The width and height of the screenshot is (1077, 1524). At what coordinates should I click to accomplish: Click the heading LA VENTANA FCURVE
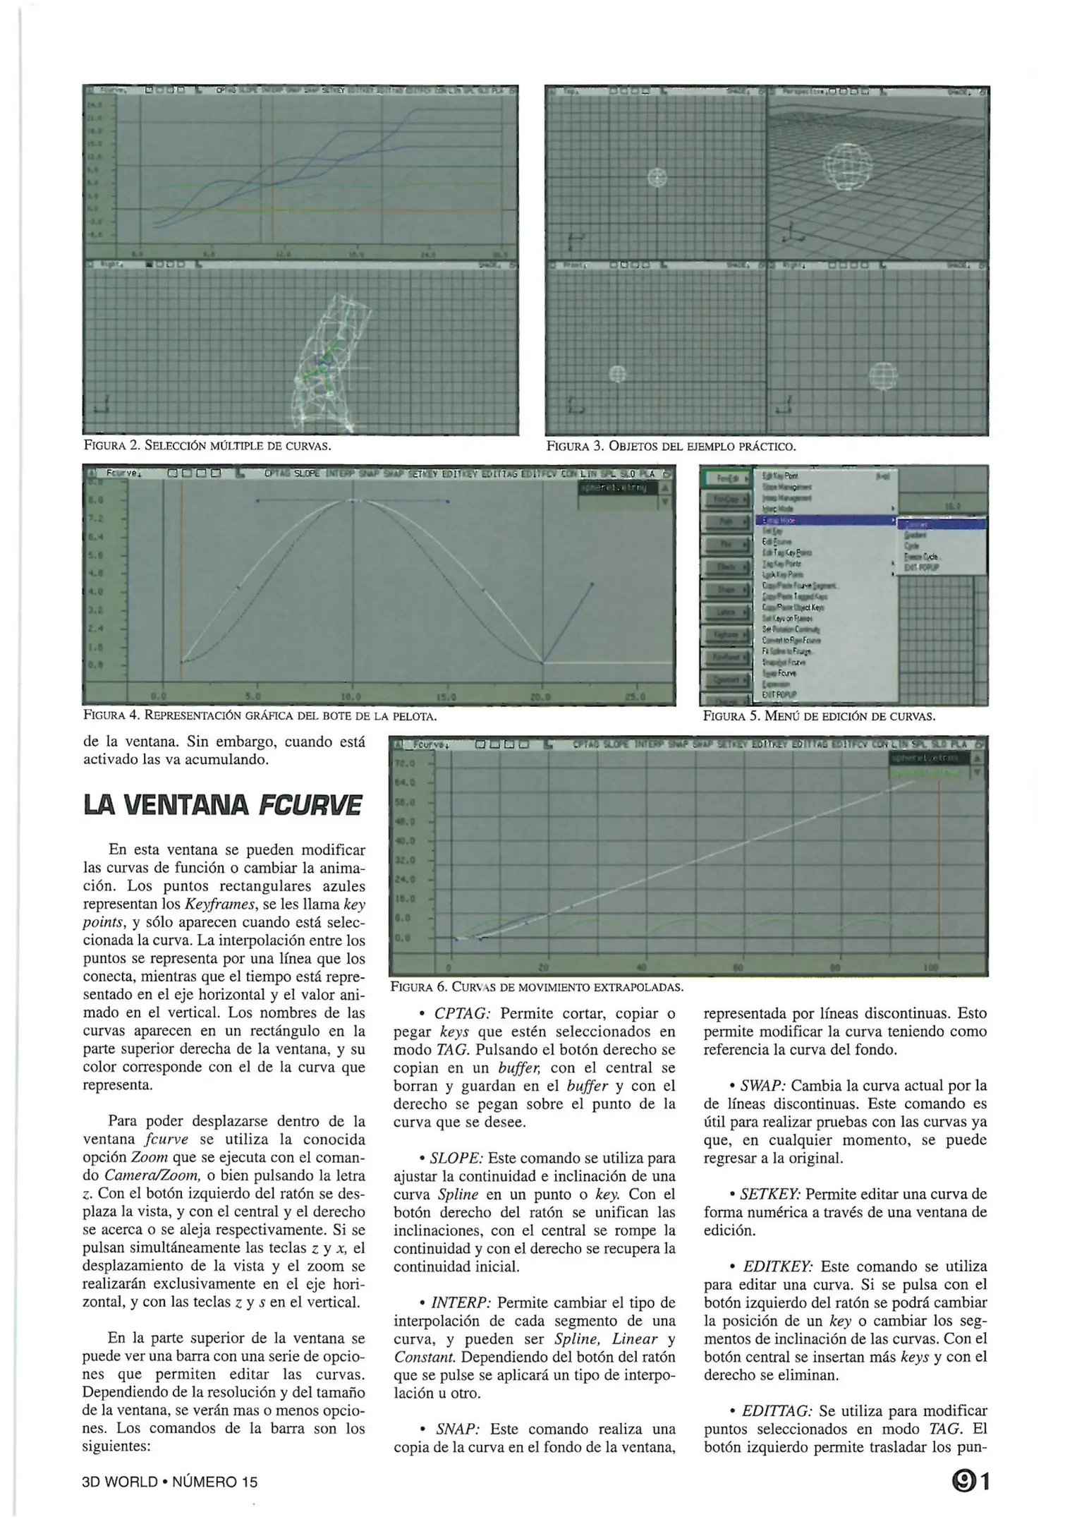223,805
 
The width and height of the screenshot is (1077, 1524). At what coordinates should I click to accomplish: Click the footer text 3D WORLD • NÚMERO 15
170,1482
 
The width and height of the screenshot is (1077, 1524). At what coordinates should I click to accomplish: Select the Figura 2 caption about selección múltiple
207,446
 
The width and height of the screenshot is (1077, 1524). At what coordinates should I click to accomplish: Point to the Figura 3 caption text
671,446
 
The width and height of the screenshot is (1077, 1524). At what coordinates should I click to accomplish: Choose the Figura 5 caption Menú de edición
819,716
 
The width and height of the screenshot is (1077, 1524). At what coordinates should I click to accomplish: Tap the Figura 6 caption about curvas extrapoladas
537,986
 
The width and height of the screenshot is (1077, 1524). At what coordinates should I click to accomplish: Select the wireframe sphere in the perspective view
847,167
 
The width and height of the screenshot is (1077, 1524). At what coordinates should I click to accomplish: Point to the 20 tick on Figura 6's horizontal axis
543,967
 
